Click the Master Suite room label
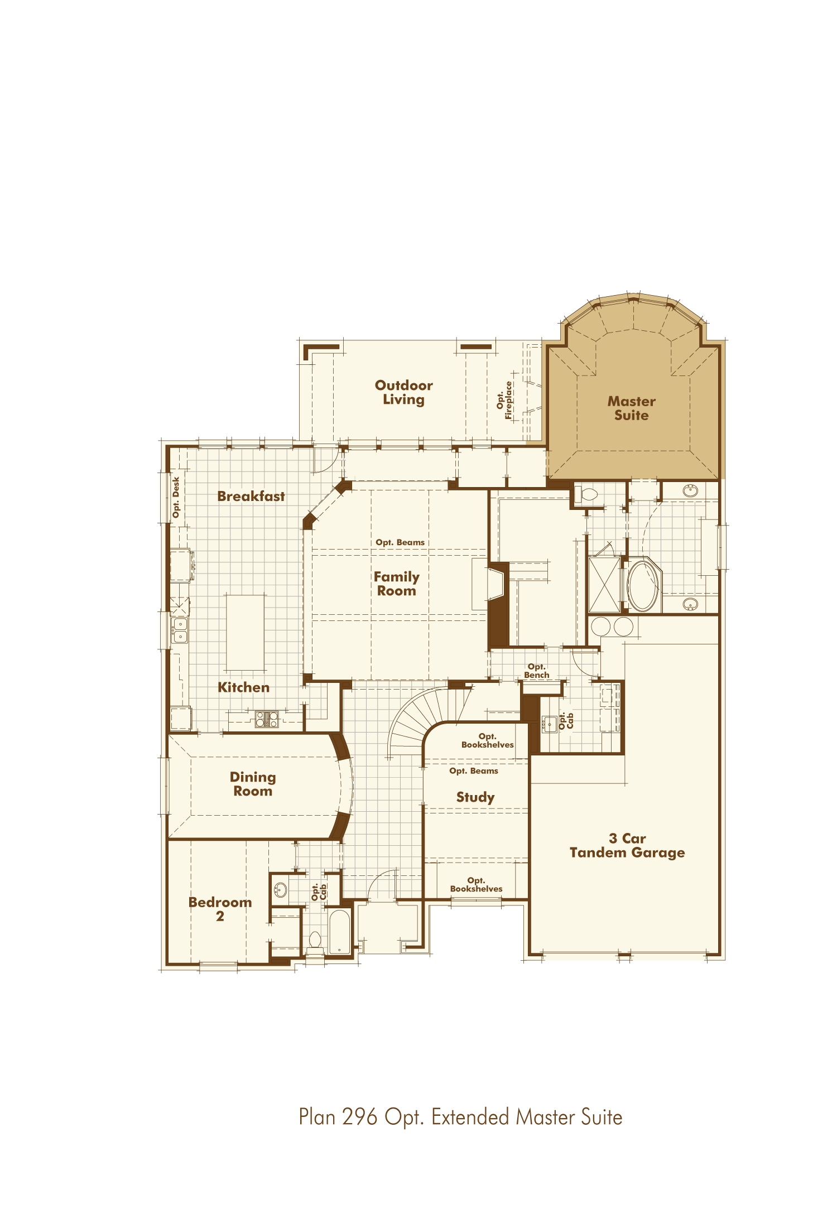click(631, 408)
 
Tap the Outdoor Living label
click(403, 392)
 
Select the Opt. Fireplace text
click(504, 400)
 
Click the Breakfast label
click(251, 496)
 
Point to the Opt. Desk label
click(176, 497)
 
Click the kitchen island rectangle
click(245, 632)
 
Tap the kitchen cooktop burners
click(267, 719)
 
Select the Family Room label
click(396, 584)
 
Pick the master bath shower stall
click(604, 585)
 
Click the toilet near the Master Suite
click(586, 494)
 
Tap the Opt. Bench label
click(536, 671)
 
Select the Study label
click(475, 797)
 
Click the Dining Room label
click(253, 784)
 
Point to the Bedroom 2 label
click(220, 909)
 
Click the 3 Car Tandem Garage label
click(627, 845)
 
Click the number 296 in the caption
click(360, 1117)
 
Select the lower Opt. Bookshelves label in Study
click(476, 884)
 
